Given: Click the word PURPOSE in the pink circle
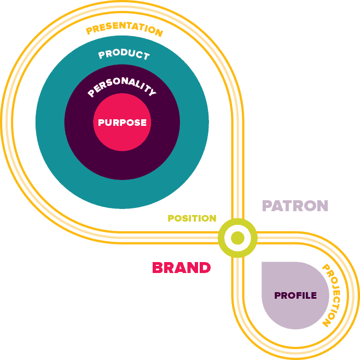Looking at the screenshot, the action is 122,123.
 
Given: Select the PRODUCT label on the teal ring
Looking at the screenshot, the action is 124,54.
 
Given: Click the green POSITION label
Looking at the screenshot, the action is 192,218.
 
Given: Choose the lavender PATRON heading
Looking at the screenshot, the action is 295,206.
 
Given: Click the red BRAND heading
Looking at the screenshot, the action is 182,268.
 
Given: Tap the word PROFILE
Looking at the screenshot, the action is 295,295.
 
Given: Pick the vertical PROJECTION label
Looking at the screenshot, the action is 332,295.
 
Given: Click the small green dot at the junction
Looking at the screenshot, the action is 237,238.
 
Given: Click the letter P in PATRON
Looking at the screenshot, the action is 267,206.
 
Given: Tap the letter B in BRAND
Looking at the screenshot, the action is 158,268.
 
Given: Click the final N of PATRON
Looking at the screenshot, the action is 322,206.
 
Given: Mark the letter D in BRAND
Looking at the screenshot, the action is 205,268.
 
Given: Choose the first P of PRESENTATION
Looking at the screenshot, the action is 89,31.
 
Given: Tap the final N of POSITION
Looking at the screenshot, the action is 212,218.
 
